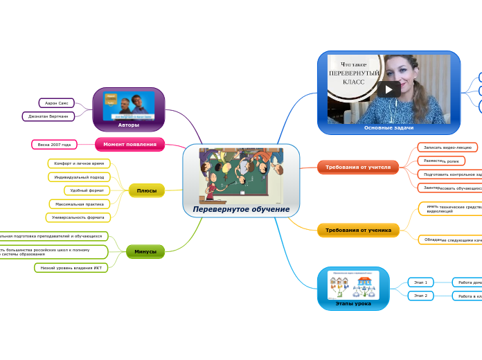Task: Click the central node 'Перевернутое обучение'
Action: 241,209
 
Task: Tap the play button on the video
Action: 389,89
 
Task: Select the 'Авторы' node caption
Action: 128,125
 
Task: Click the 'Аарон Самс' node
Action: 56,103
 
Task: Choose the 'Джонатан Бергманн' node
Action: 48,116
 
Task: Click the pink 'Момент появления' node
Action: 130,144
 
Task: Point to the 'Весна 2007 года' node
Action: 55,145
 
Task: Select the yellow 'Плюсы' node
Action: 146,190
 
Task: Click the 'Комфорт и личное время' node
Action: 79,163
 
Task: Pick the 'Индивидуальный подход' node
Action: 79,177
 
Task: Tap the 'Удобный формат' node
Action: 87,190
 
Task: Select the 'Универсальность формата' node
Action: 78,217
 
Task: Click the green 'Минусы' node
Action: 145,251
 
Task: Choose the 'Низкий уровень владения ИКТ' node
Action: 71,267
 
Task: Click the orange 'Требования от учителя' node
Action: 357,167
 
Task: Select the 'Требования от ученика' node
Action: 357,230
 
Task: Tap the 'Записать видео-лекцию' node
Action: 447,147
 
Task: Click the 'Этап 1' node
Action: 420,282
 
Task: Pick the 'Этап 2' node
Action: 420,296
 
